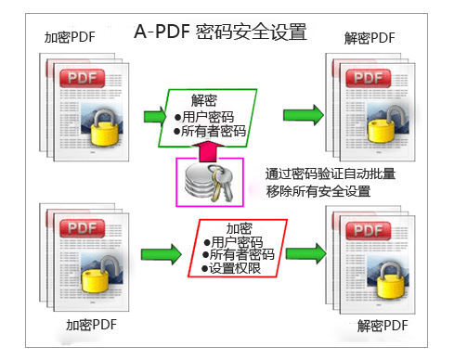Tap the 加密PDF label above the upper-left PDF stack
click(x=71, y=38)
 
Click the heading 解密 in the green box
click(x=205, y=100)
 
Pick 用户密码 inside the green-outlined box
click(x=206, y=117)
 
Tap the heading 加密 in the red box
click(x=240, y=227)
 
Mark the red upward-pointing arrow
click(x=208, y=149)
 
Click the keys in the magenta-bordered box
click(x=223, y=183)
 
